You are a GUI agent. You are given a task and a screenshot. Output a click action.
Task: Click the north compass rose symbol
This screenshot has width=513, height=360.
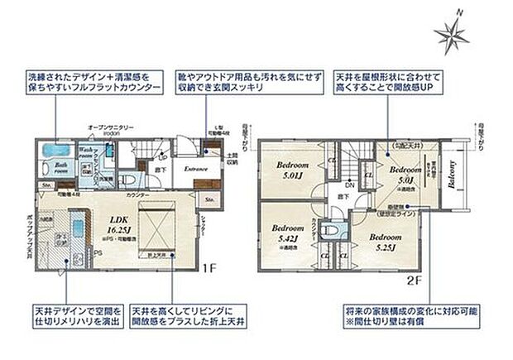coord(450,31)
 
